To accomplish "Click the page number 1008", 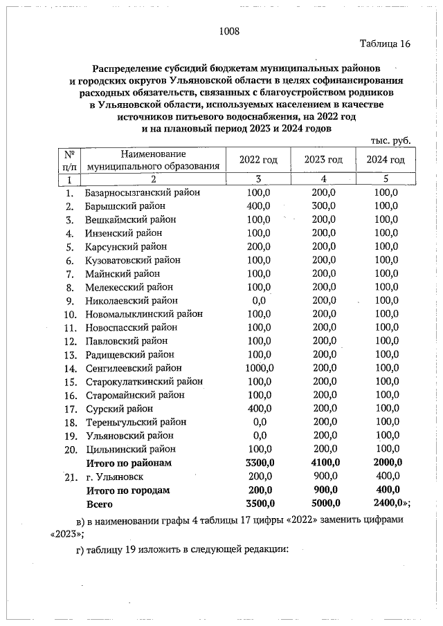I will coord(228,30).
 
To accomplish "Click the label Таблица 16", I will coord(386,44).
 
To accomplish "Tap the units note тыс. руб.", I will coord(391,140).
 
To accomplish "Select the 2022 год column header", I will coord(258,160).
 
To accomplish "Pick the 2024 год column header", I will coord(386,160).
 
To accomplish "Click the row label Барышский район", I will coord(125,206).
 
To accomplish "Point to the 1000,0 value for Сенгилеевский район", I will coord(260,368).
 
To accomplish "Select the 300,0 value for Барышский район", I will coord(323,206).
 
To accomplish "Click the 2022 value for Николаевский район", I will coord(260,301).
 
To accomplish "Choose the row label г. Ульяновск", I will coord(114,477).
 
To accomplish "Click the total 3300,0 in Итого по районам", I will coord(260,463).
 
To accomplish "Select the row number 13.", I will coord(69,355).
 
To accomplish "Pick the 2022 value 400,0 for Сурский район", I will coord(260,409).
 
